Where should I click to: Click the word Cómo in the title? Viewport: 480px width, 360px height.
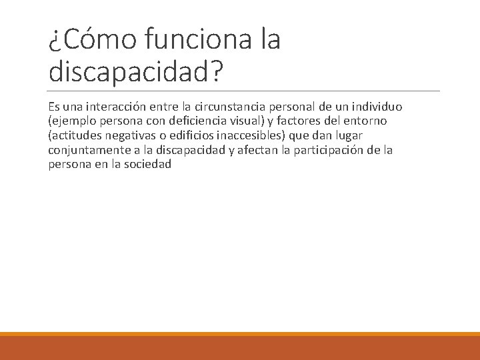[x=92, y=40]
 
